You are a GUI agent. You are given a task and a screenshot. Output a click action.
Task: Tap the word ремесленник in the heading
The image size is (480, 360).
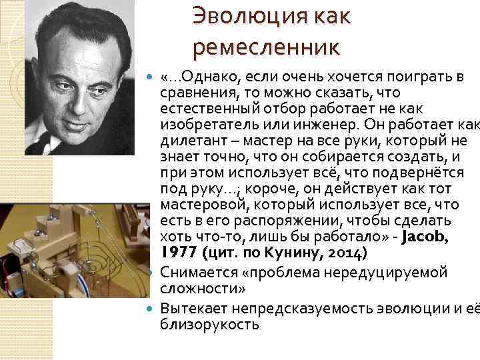tap(266, 47)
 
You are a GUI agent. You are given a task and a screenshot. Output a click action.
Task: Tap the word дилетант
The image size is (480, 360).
tap(190, 141)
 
